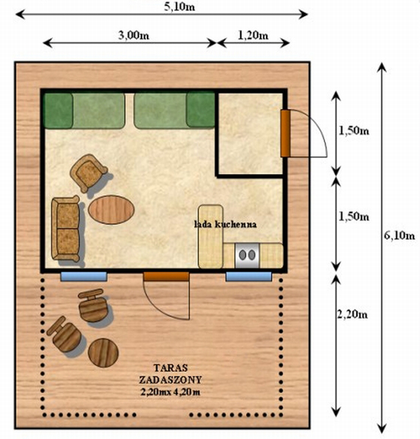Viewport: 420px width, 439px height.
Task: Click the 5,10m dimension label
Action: click(x=179, y=7)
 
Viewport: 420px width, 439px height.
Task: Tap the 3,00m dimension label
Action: click(x=134, y=35)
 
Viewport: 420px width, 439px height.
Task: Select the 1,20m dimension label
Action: click(x=253, y=35)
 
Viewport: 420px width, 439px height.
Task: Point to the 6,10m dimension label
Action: click(x=399, y=236)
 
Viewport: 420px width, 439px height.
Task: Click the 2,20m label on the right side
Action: click(x=352, y=315)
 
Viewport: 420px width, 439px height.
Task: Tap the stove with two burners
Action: click(x=248, y=255)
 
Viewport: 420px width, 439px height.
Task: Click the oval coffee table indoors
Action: click(x=111, y=210)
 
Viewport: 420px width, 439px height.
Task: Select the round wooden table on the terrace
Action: click(x=103, y=353)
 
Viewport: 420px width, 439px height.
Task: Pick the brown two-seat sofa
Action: click(x=66, y=229)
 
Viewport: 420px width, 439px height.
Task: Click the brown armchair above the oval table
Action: click(x=88, y=173)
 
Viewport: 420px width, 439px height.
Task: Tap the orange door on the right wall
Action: click(x=285, y=133)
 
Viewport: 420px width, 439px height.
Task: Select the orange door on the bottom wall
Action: click(x=166, y=277)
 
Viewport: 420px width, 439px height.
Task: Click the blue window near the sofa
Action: click(x=84, y=277)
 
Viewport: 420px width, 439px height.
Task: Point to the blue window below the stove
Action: click(x=249, y=277)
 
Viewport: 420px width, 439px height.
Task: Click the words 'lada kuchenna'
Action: click(x=225, y=224)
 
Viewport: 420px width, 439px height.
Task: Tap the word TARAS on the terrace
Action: click(x=171, y=368)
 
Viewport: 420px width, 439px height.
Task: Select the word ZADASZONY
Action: click(x=171, y=380)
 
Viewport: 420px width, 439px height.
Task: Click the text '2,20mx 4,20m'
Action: click(x=171, y=392)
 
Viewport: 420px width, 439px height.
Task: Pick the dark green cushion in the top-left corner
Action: click(x=59, y=111)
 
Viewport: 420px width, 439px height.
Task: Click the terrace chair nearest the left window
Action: click(x=93, y=305)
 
